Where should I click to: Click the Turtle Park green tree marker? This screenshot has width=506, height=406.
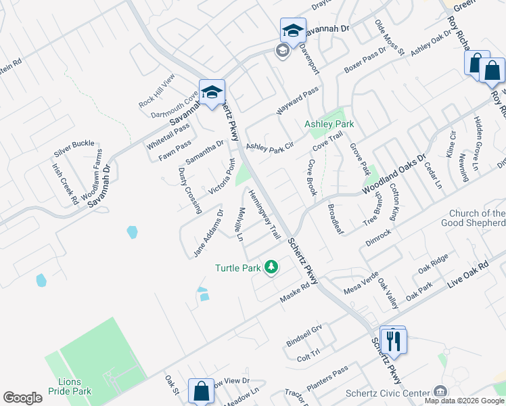point(271,268)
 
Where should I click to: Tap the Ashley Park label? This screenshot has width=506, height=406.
point(329,125)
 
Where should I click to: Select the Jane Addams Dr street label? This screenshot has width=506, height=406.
point(208,233)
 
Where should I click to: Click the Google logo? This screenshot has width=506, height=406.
point(22,398)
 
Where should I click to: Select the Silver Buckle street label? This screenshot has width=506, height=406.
point(74,144)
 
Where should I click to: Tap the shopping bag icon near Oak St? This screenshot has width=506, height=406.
point(201,391)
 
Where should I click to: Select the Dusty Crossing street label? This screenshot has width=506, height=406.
point(190,189)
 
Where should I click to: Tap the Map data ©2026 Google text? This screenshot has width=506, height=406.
point(464,401)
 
